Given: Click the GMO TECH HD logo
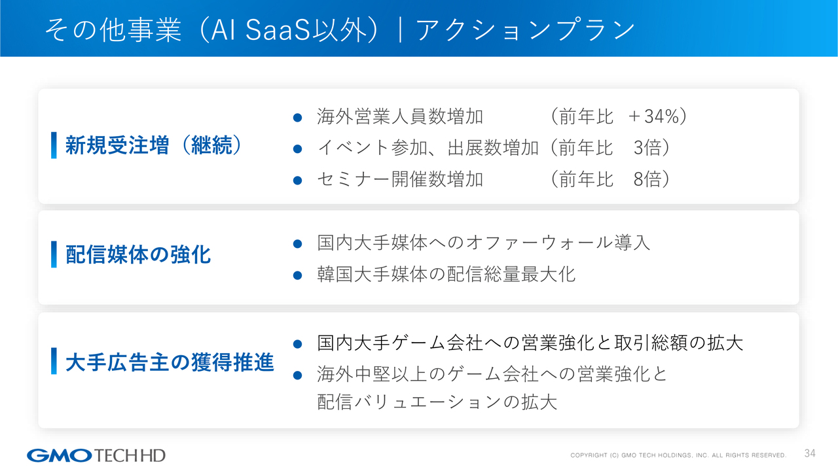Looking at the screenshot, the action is (96, 455).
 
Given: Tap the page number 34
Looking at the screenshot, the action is (810, 453).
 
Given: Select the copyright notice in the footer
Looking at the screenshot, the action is (678, 455).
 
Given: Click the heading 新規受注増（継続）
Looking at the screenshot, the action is (155, 145).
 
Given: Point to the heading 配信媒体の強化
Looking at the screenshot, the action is (138, 254).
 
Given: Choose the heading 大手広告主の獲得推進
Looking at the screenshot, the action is (170, 362).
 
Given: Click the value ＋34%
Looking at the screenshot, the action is (654, 116).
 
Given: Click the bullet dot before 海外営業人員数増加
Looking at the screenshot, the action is (297, 118).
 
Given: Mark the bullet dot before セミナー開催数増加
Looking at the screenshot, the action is (297, 181).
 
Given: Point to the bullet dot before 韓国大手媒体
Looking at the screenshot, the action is (297, 275).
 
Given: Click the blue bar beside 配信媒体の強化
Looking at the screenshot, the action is (54, 254).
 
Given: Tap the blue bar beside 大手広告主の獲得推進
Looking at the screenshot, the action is (54, 361).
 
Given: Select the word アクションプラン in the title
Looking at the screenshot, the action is (526, 30).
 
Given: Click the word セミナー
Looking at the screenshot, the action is (354, 179).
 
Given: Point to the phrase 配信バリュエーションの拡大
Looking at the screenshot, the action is (437, 402).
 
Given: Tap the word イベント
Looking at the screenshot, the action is (354, 148).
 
